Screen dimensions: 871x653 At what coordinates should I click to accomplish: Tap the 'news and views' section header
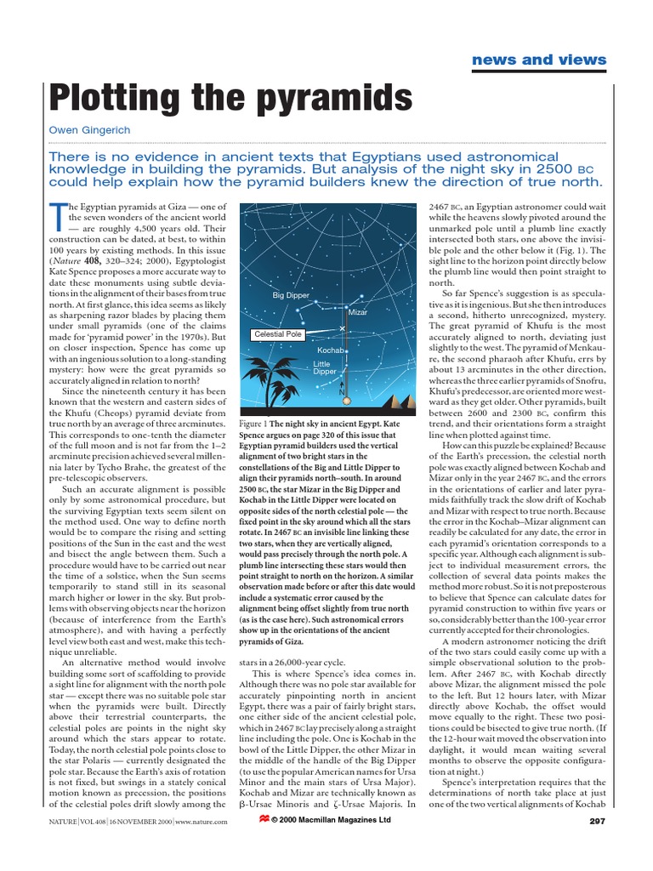[551, 60]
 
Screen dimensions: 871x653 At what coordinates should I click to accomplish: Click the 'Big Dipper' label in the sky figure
[291, 295]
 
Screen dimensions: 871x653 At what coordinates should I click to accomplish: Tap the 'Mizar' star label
[358, 312]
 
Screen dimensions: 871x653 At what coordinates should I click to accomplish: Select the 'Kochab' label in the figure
[329, 350]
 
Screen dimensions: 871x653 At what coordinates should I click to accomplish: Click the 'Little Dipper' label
[325, 367]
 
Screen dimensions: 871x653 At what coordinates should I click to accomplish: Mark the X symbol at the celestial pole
[342, 328]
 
